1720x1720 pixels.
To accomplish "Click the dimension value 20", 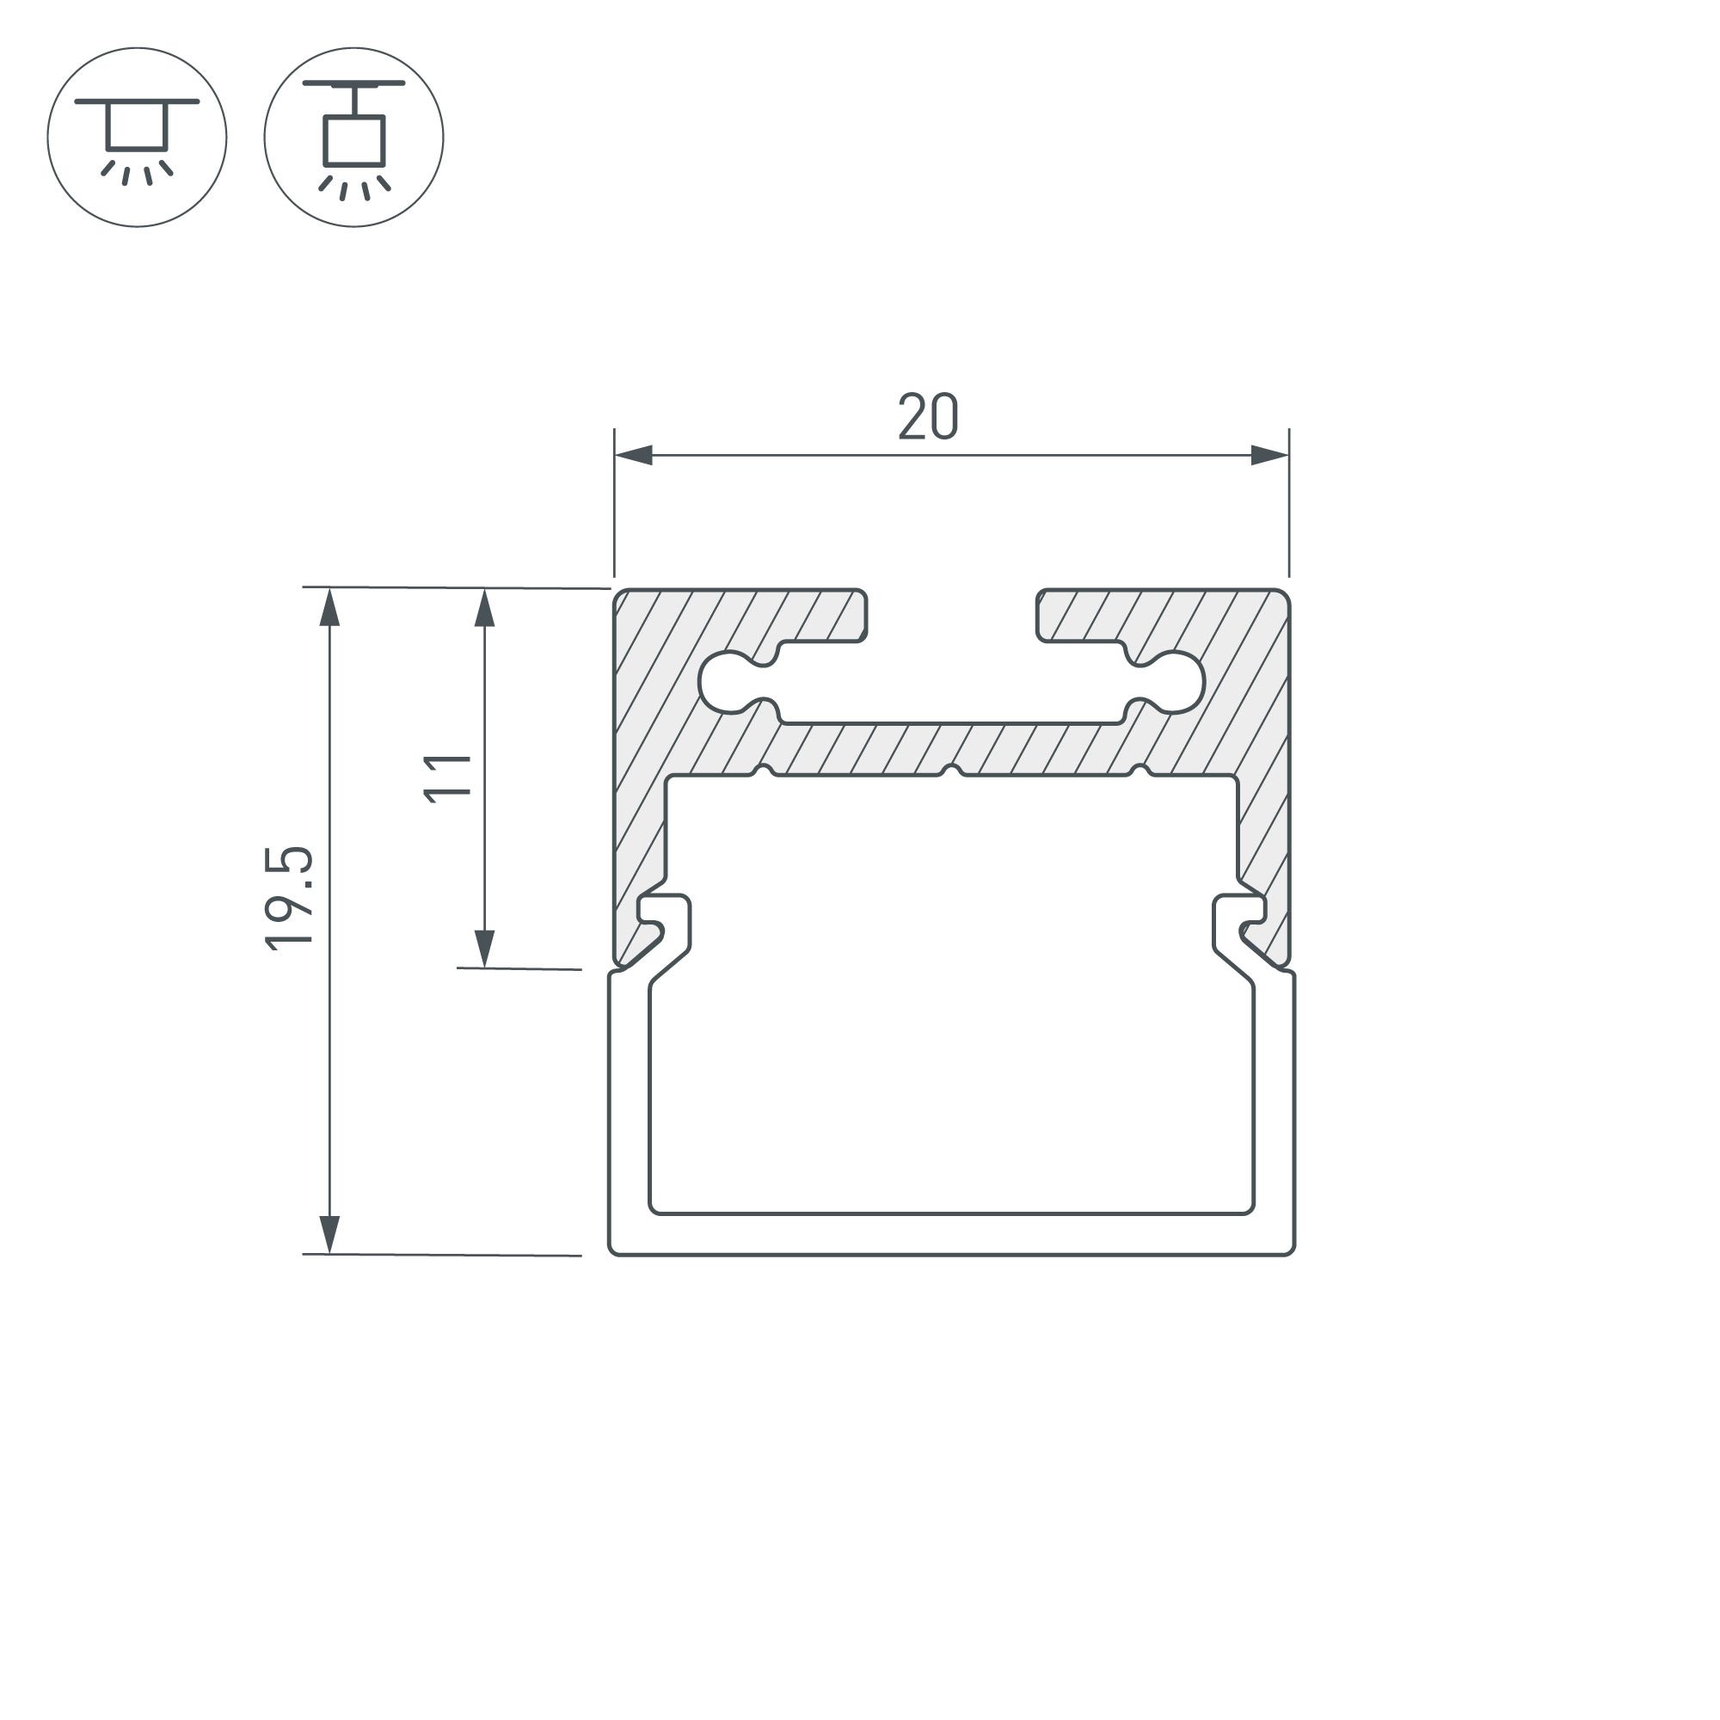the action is point(928,416).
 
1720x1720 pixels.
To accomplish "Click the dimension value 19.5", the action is point(290,899).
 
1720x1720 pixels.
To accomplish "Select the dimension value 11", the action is point(447,778).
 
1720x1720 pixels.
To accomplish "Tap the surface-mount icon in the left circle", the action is point(137,137).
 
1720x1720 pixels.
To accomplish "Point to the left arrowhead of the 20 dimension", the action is point(633,455).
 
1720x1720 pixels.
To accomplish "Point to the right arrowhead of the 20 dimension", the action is point(1269,455).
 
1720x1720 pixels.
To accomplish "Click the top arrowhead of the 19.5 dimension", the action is point(329,607).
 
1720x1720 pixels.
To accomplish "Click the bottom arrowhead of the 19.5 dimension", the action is point(329,1235).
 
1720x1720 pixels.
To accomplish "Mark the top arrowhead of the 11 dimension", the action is point(484,607).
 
